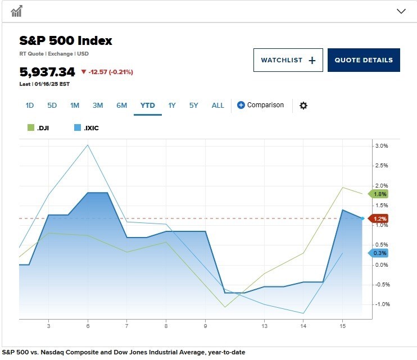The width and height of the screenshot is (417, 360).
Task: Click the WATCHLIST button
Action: point(288,60)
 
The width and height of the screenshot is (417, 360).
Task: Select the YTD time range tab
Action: point(148,105)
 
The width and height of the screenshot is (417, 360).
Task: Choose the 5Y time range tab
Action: point(194,105)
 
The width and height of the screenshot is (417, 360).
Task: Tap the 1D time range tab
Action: point(30,105)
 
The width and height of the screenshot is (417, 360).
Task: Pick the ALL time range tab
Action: point(218,105)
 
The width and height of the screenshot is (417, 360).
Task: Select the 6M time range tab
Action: point(121,105)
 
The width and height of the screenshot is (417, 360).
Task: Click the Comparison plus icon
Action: point(241,105)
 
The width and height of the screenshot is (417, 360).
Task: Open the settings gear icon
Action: point(303,106)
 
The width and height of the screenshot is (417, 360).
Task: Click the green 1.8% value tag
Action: point(379,194)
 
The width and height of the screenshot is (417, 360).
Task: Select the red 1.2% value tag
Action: point(379,218)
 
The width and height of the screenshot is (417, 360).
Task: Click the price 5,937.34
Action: point(47,72)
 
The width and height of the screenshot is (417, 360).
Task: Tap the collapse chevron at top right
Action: point(401,11)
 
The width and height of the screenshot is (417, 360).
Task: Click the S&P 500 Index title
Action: point(66,41)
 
